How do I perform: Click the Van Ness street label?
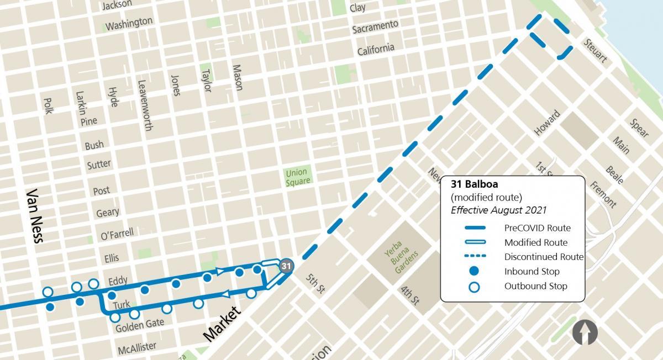[x=38, y=216]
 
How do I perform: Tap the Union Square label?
[x=297, y=177]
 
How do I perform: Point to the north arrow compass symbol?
[x=585, y=333]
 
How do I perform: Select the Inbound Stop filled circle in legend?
[x=473, y=271]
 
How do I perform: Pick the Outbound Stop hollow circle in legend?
[x=473, y=286]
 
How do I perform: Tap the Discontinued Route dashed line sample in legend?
[x=473, y=257]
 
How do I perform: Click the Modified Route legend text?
[x=535, y=242]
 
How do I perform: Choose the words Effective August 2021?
[x=498, y=210]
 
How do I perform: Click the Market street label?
[x=222, y=324]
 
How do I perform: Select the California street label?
[x=376, y=49]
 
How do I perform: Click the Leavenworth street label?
[x=144, y=105]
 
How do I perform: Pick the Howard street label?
[x=547, y=123]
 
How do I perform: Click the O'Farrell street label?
[x=117, y=234]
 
